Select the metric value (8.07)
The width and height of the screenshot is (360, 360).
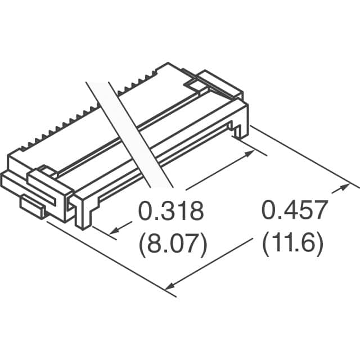(x=173, y=245)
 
